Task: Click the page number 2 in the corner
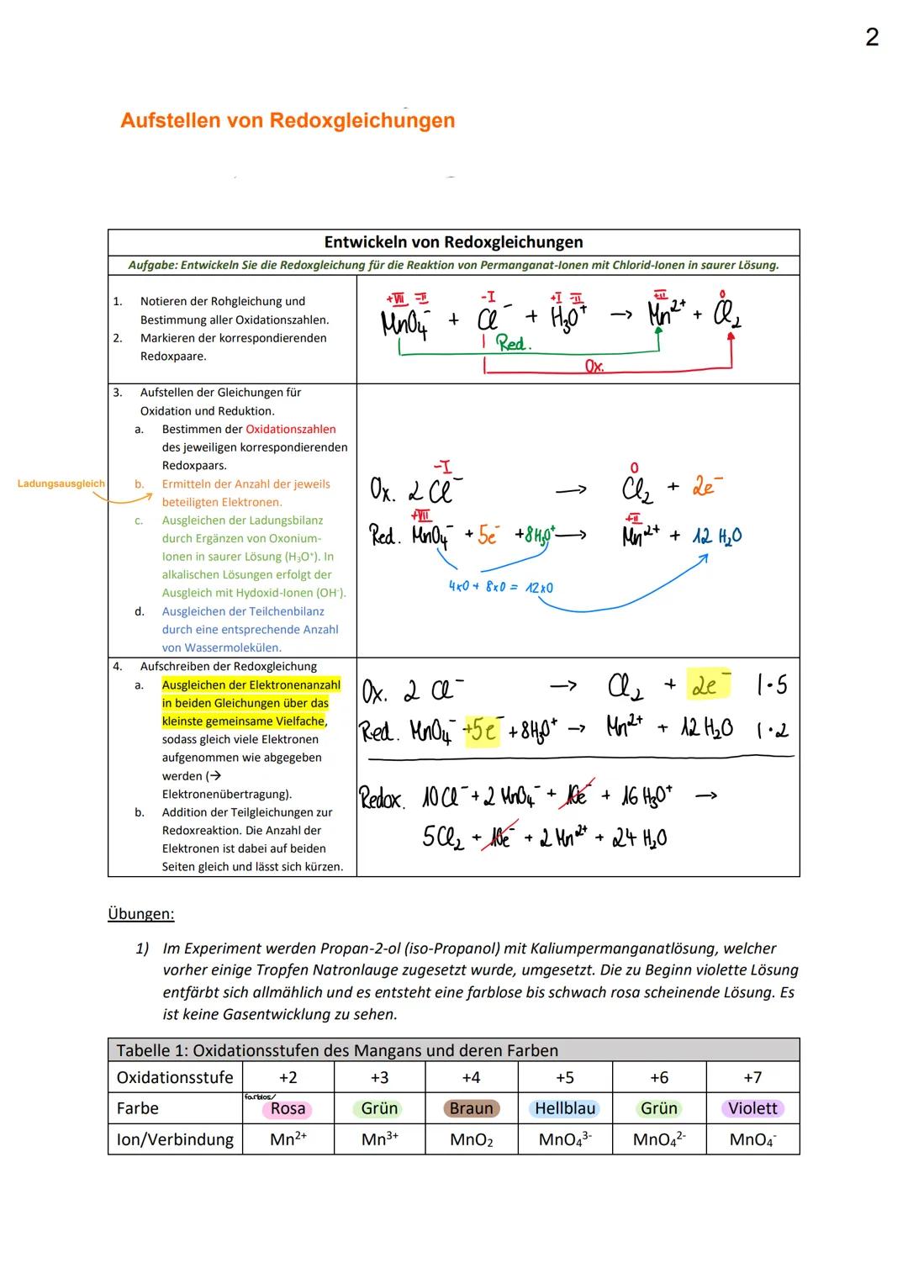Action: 872,38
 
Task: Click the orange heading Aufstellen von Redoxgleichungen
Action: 288,120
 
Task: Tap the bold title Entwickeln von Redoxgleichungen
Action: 453,242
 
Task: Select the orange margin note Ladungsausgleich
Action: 61,483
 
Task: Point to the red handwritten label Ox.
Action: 594,367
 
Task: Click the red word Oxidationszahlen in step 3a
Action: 290,429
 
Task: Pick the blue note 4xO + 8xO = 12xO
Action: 500,587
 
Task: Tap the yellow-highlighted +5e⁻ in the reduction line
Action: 483,730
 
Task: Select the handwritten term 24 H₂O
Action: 639,838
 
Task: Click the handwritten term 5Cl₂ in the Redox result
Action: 443,838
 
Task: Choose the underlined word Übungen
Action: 141,914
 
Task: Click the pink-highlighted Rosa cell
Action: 288,1109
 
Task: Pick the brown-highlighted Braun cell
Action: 471,1108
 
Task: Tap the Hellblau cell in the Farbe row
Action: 565,1108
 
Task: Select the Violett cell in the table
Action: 752,1108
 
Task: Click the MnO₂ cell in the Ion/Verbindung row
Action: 471,1139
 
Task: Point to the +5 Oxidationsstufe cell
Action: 565,1077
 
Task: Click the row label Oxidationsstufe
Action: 175,1077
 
